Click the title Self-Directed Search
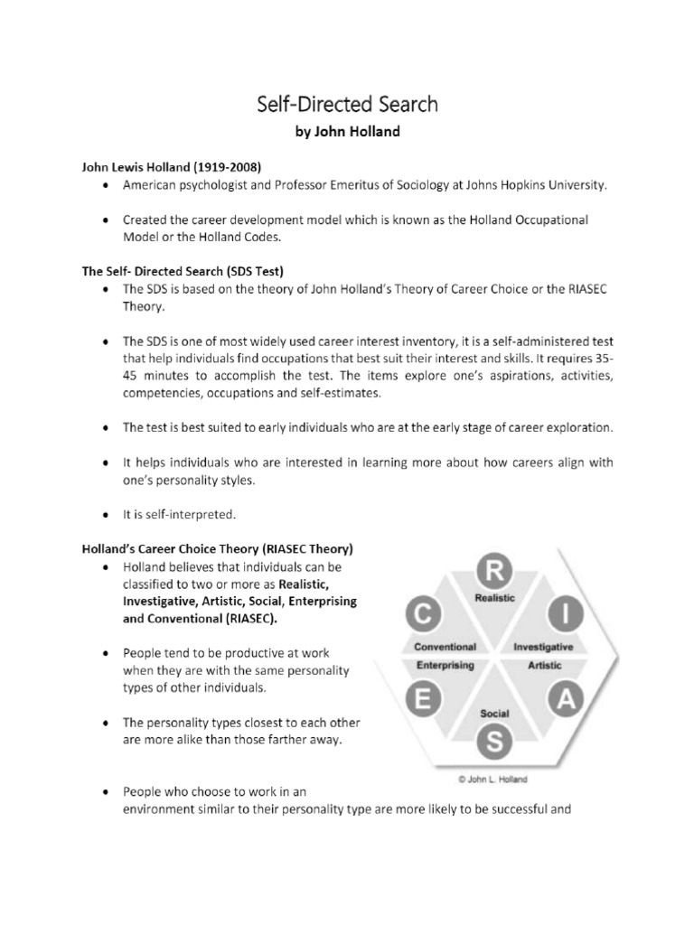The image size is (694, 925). click(x=346, y=104)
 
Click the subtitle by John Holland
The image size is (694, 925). click(x=346, y=132)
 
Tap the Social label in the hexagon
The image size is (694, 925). click(x=494, y=714)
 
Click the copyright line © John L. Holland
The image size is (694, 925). click(x=492, y=776)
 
